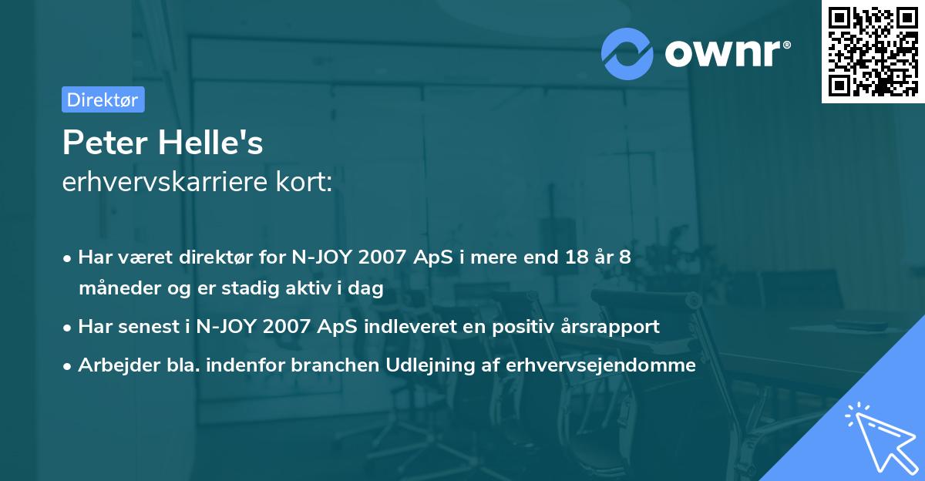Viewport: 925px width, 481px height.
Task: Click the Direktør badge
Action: click(x=103, y=99)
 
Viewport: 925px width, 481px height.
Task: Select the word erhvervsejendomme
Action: click(x=601, y=365)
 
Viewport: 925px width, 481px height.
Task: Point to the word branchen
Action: click(x=328, y=365)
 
